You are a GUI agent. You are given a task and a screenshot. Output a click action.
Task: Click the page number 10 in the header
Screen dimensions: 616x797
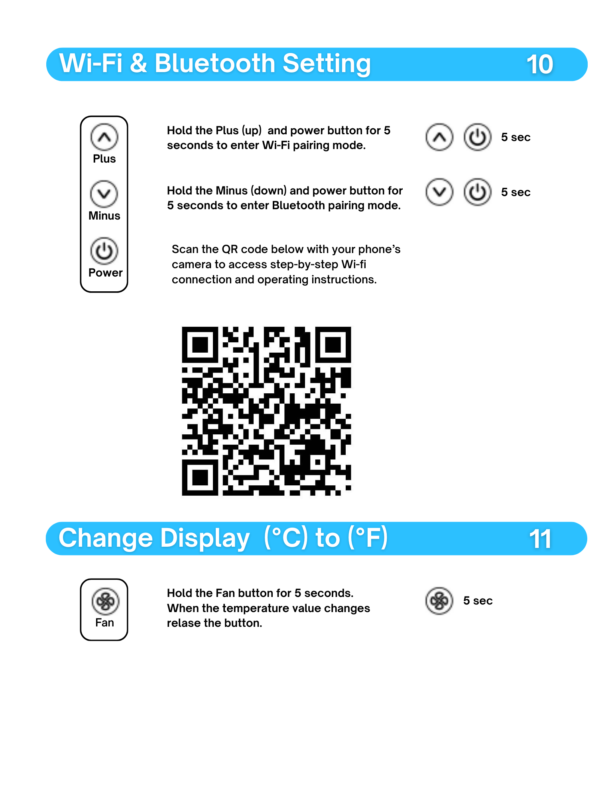click(540, 65)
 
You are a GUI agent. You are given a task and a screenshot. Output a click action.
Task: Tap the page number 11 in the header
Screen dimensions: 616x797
click(540, 539)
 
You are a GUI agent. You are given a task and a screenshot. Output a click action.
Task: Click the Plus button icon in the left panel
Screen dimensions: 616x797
click(104, 137)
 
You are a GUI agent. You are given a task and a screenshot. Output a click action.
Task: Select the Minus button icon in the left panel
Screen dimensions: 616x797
click(104, 194)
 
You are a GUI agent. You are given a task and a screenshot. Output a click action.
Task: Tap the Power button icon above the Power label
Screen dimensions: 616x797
click(104, 251)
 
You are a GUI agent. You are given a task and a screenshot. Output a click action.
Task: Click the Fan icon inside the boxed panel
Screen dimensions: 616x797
click(105, 601)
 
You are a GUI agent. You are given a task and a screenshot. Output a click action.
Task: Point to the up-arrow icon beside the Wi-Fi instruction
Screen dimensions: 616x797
click(439, 137)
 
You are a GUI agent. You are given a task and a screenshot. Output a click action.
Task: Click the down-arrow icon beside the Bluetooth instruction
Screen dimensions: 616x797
click(439, 192)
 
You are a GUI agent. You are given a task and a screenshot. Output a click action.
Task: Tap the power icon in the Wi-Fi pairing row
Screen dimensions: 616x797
click(477, 137)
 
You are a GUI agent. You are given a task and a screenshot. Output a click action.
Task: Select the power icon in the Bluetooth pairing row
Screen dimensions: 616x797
click(477, 192)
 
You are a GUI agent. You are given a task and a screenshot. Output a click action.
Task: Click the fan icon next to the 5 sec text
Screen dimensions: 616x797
click(439, 601)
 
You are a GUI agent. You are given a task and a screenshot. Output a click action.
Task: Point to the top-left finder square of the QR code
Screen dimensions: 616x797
click(200, 345)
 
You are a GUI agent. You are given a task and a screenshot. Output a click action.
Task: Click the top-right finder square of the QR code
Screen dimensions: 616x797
click(333, 345)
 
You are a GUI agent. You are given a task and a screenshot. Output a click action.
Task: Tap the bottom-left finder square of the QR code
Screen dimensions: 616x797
click(200, 477)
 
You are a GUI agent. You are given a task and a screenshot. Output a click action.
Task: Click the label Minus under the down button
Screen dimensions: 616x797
click(104, 216)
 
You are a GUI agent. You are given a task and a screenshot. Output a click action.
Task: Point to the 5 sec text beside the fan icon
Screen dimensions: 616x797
click(478, 601)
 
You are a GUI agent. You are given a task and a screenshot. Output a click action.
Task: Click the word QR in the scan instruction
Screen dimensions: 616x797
click(230, 249)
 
